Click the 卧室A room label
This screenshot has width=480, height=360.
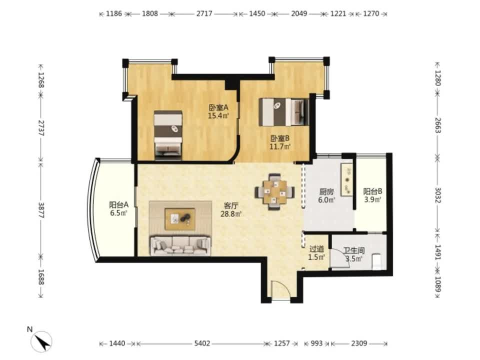tap(218, 108)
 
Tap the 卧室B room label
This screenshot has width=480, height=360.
tap(280, 138)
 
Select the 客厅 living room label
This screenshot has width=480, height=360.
tap(231, 205)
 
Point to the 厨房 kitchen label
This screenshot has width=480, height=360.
tap(326, 192)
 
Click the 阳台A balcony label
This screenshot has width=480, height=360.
tap(119, 204)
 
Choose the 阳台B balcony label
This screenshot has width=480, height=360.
tap(372, 191)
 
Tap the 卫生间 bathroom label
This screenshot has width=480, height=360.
tap(354, 250)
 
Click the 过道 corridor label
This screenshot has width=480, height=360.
tap(316, 249)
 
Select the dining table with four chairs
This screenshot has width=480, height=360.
tap(275, 192)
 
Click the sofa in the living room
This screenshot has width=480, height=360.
tap(180, 245)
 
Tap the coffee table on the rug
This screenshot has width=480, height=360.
tap(179, 219)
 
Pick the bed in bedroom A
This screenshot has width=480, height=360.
tap(168, 135)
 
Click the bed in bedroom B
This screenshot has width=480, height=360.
tap(283, 111)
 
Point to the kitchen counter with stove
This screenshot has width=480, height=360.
tap(347, 179)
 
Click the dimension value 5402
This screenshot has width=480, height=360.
tap(202, 343)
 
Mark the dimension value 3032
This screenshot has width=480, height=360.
tap(438, 195)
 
